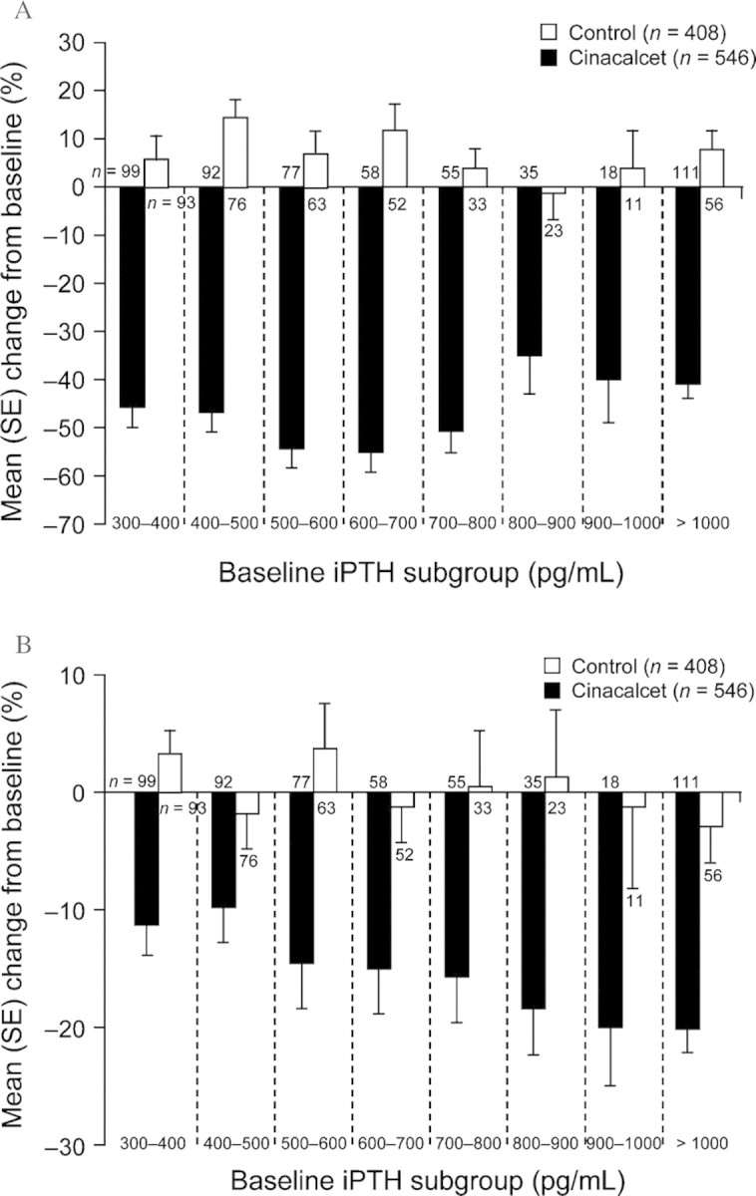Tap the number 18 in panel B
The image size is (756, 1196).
[609, 780]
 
